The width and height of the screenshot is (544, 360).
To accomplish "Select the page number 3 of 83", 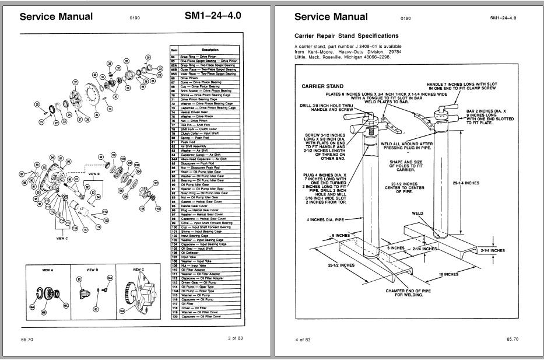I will click(x=237, y=338).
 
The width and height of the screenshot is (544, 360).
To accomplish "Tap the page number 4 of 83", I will click(x=303, y=338).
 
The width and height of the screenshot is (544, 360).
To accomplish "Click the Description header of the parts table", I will click(x=209, y=50).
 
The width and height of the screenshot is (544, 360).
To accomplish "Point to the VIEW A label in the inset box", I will click(x=48, y=270).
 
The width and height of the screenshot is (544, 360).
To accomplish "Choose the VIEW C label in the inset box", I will click(x=138, y=270).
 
